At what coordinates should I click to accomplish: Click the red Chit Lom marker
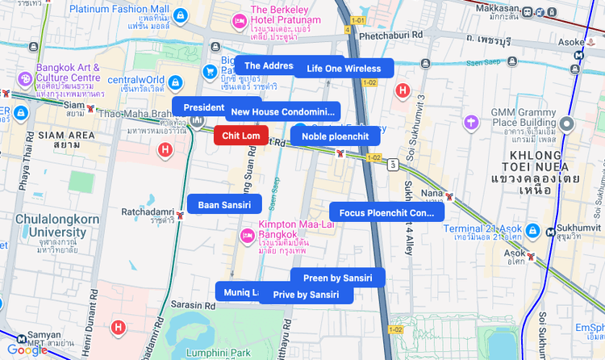[x=241, y=136]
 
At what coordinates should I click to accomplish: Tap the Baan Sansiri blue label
[x=224, y=205]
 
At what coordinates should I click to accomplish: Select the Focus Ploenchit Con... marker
[x=386, y=212]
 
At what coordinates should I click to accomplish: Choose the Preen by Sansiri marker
[x=337, y=278]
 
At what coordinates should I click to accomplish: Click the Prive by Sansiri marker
[x=306, y=295]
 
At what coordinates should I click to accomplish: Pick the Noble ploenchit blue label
[x=335, y=136]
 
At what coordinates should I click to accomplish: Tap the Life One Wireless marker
[x=344, y=69]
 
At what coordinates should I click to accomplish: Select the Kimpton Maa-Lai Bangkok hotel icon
[x=248, y=235]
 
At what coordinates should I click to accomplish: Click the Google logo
[x=27, y=350]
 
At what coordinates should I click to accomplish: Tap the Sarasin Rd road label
[x=190, y=305]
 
